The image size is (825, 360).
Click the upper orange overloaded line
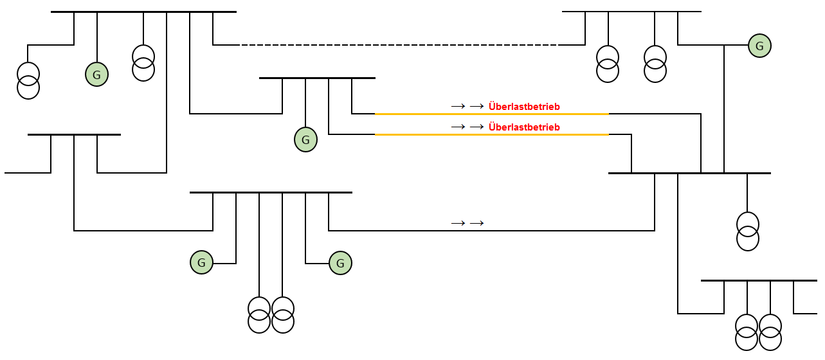(492, 114)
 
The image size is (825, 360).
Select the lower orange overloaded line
(492, 134)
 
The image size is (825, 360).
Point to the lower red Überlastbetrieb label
(524, 127)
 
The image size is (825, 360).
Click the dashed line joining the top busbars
(399, 45)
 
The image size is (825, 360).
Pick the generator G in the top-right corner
(759, 46)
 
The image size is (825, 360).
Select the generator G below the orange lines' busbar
(305, 139)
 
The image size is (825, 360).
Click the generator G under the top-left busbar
(96, 75)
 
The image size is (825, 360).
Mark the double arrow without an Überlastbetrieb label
(467, 223)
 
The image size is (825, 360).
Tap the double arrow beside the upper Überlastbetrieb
(467, 105)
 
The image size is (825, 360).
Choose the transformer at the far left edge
(28, 80)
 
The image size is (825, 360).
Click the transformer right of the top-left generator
(143, 62)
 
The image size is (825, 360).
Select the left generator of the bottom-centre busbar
(201, 262)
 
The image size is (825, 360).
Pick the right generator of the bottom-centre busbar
(340, 262)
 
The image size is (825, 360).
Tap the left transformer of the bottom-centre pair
(259, 314)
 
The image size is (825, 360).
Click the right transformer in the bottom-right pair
(770, 332)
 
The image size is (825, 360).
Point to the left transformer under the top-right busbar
(608, 64)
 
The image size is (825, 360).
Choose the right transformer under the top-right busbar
(655, 64)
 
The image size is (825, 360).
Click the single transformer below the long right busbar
(747, 231)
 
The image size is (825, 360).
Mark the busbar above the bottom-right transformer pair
(759, 280)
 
